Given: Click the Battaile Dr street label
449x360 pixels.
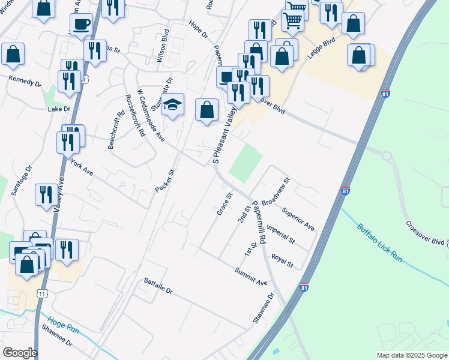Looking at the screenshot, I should pyautogui.click(x=158, y=286).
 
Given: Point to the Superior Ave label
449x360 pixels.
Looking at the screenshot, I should pyautogui.click(x=298, y=220).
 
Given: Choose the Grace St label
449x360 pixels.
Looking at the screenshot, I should pyautogui.click(x=224, y=204).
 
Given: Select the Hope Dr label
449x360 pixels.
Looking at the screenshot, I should pyautogui.click(x=197, y=28).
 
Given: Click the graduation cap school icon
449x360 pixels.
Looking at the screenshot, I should pyautogui.click(x=172, y=104).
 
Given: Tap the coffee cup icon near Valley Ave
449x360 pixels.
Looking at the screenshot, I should pyautogui.click(x=81, y=24).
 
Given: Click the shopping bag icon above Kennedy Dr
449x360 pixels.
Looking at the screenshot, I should pyautogui.click(x=13, y=53).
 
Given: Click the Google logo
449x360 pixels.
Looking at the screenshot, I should pyautogui.click(x=20, y=353).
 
